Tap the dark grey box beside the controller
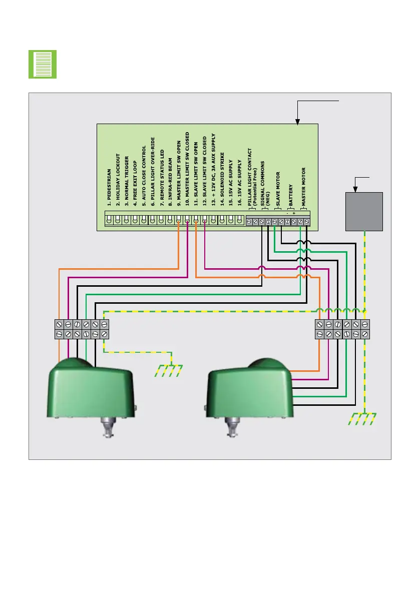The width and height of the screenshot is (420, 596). [x=364, y=211]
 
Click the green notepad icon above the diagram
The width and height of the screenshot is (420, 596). [x=43, y=64]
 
